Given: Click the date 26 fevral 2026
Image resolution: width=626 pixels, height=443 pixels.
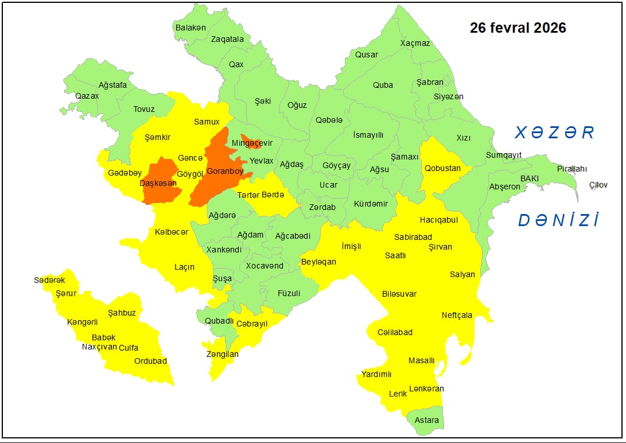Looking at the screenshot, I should click(518, 28).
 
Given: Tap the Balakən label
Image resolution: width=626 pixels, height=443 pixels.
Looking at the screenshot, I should click(190, 28).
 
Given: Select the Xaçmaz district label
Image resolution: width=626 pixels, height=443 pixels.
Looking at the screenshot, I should click(415, 43).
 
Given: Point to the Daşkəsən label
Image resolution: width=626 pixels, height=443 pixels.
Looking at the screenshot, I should click(158, 183).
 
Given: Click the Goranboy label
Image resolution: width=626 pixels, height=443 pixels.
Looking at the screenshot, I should click(225, 171).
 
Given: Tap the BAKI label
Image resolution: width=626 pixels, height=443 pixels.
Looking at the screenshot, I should click(530, 178).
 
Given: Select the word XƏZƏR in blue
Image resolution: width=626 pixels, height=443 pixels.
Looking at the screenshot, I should click(554, 133).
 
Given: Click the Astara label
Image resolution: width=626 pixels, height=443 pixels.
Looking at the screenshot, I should click(427, 420).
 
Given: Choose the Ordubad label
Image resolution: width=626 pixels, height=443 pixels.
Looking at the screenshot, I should click(150, 361).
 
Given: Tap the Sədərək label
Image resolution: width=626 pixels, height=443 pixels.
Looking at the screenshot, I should click(49, 280).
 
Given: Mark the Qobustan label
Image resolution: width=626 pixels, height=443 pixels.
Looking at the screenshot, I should click(442, 168).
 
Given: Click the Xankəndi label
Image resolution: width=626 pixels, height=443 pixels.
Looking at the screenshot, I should click(224, 250).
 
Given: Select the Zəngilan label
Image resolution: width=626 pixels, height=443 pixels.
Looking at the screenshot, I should click(223, 354).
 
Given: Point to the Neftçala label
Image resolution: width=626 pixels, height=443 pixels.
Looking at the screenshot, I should click(457, 315).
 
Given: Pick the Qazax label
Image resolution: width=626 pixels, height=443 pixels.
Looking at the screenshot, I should click(87, 96).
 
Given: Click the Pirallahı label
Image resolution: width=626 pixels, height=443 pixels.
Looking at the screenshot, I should click(572, 169).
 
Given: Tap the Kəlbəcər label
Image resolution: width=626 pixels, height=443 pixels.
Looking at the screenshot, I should click(172, 232).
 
